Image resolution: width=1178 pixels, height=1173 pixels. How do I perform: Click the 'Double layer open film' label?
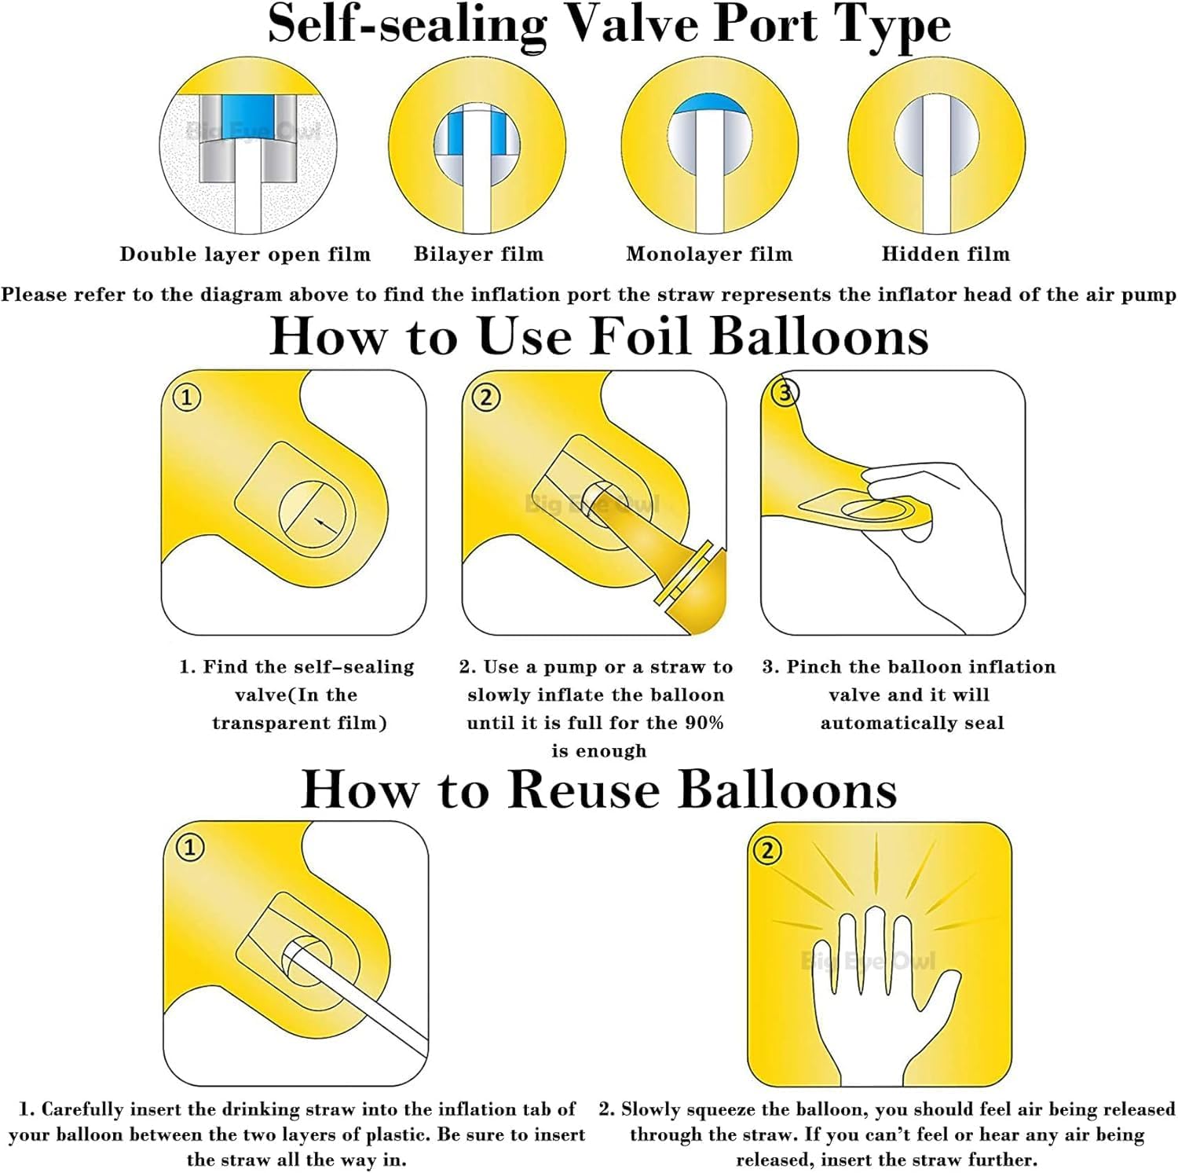click(245, 255)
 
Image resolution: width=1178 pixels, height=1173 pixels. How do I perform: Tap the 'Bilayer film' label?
click(478, 255)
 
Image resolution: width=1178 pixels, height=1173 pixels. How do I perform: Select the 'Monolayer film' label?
click(709, 255)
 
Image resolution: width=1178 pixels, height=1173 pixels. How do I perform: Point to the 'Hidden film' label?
click(946, 254)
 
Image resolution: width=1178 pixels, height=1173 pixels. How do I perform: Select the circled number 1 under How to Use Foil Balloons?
click(187, 397)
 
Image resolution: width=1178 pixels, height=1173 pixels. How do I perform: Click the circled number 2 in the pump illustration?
click(486, 397)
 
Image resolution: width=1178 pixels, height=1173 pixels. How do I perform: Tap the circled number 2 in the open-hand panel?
click(767, 850)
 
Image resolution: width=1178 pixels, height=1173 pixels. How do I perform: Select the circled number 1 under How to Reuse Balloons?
click(189, 848)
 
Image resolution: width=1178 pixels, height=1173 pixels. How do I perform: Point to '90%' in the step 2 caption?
click(704, 723)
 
